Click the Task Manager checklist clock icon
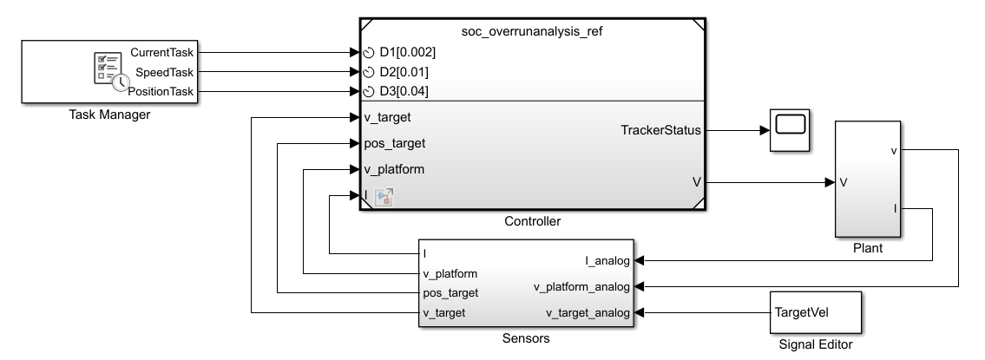coord(107,70)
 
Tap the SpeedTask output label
coord(165,72)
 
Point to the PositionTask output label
coord(161,91)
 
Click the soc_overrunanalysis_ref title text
coord(531,31)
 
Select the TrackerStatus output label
coord(655,130)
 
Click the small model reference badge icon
coord(384,197)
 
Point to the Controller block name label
coord(532,222)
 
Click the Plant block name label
coord(867,248)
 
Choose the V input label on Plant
coord(844,183)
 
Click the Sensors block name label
coord(526,338)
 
